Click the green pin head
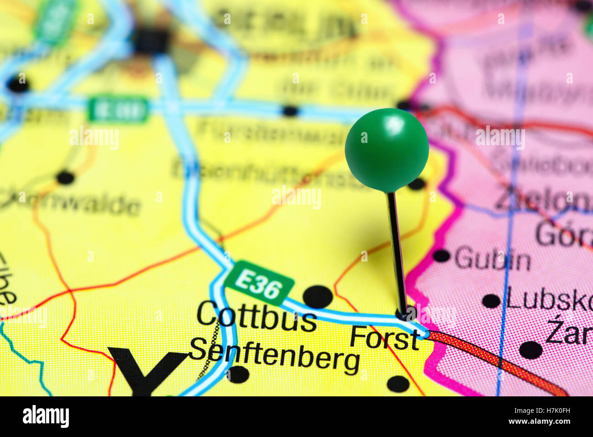[x=386, y=150]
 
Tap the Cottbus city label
[x=256, y=316]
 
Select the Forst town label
[x=385, y=338]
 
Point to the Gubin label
[x=492, y=259]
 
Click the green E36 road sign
[x=259, y=283]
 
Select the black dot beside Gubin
[x=441, y=256]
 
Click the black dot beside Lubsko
[x=491, y=301]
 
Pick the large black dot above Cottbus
[x=317, y=297]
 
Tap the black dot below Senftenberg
[x=238, y=374]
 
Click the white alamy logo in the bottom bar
[x=46, y=416]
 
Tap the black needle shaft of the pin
[x=396, y=251]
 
